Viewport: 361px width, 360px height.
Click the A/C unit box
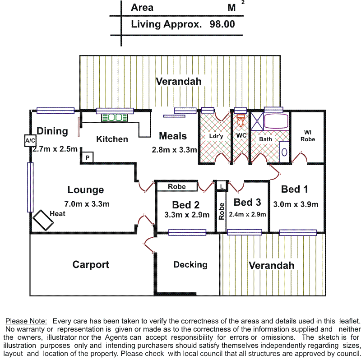tap(30, 141)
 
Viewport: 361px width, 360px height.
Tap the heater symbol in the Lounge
tap(43, 220)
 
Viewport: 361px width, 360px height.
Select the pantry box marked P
tap(87, 157)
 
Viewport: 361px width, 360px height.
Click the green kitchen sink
tap(115, 118)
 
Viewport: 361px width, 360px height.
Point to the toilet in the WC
tap(241, 121)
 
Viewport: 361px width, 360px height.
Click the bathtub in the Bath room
tap(276, 122)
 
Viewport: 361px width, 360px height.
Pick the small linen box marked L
tap(222, 185)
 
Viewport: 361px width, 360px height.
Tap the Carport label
tap(91, 265)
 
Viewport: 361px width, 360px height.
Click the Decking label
tap(190, 265)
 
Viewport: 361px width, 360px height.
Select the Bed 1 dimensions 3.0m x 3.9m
tap(296, 204)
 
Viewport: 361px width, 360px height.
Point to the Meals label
tap(173, 136)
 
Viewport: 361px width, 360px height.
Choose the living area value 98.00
tap(222, 24)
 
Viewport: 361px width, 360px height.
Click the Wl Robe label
tap(308, 136)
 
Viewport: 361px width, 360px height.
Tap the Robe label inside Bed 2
tap(176, 186)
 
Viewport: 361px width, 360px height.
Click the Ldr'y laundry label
tap(216, 136)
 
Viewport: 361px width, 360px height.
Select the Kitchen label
tap(112, 139)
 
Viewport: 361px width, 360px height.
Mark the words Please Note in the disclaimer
tap(26, 321)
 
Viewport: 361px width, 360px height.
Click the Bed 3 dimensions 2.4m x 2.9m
tap(247, 214)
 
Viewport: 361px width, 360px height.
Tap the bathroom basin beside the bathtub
tap(284, 151)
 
